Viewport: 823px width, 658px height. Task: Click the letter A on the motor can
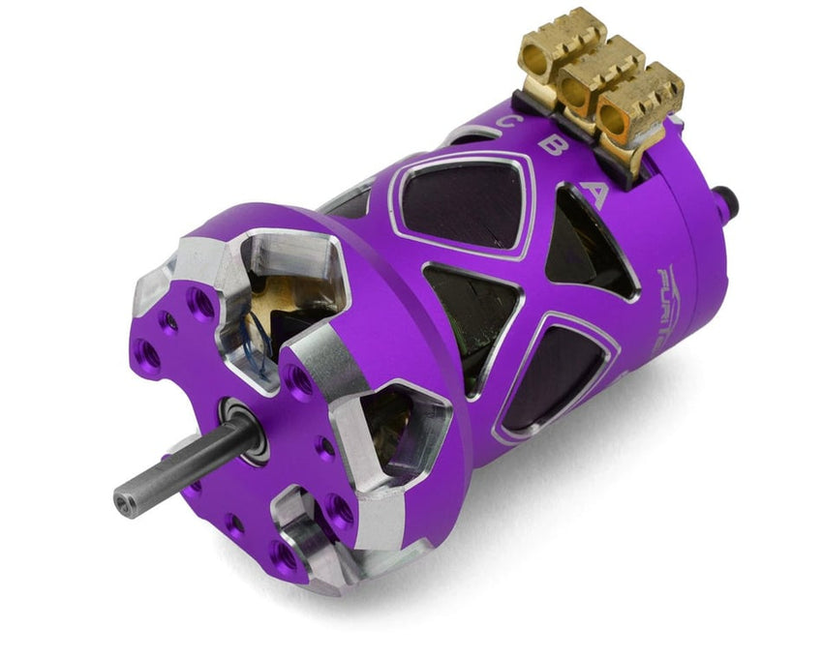[597, 195]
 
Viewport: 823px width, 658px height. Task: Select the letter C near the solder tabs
[505, 124]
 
